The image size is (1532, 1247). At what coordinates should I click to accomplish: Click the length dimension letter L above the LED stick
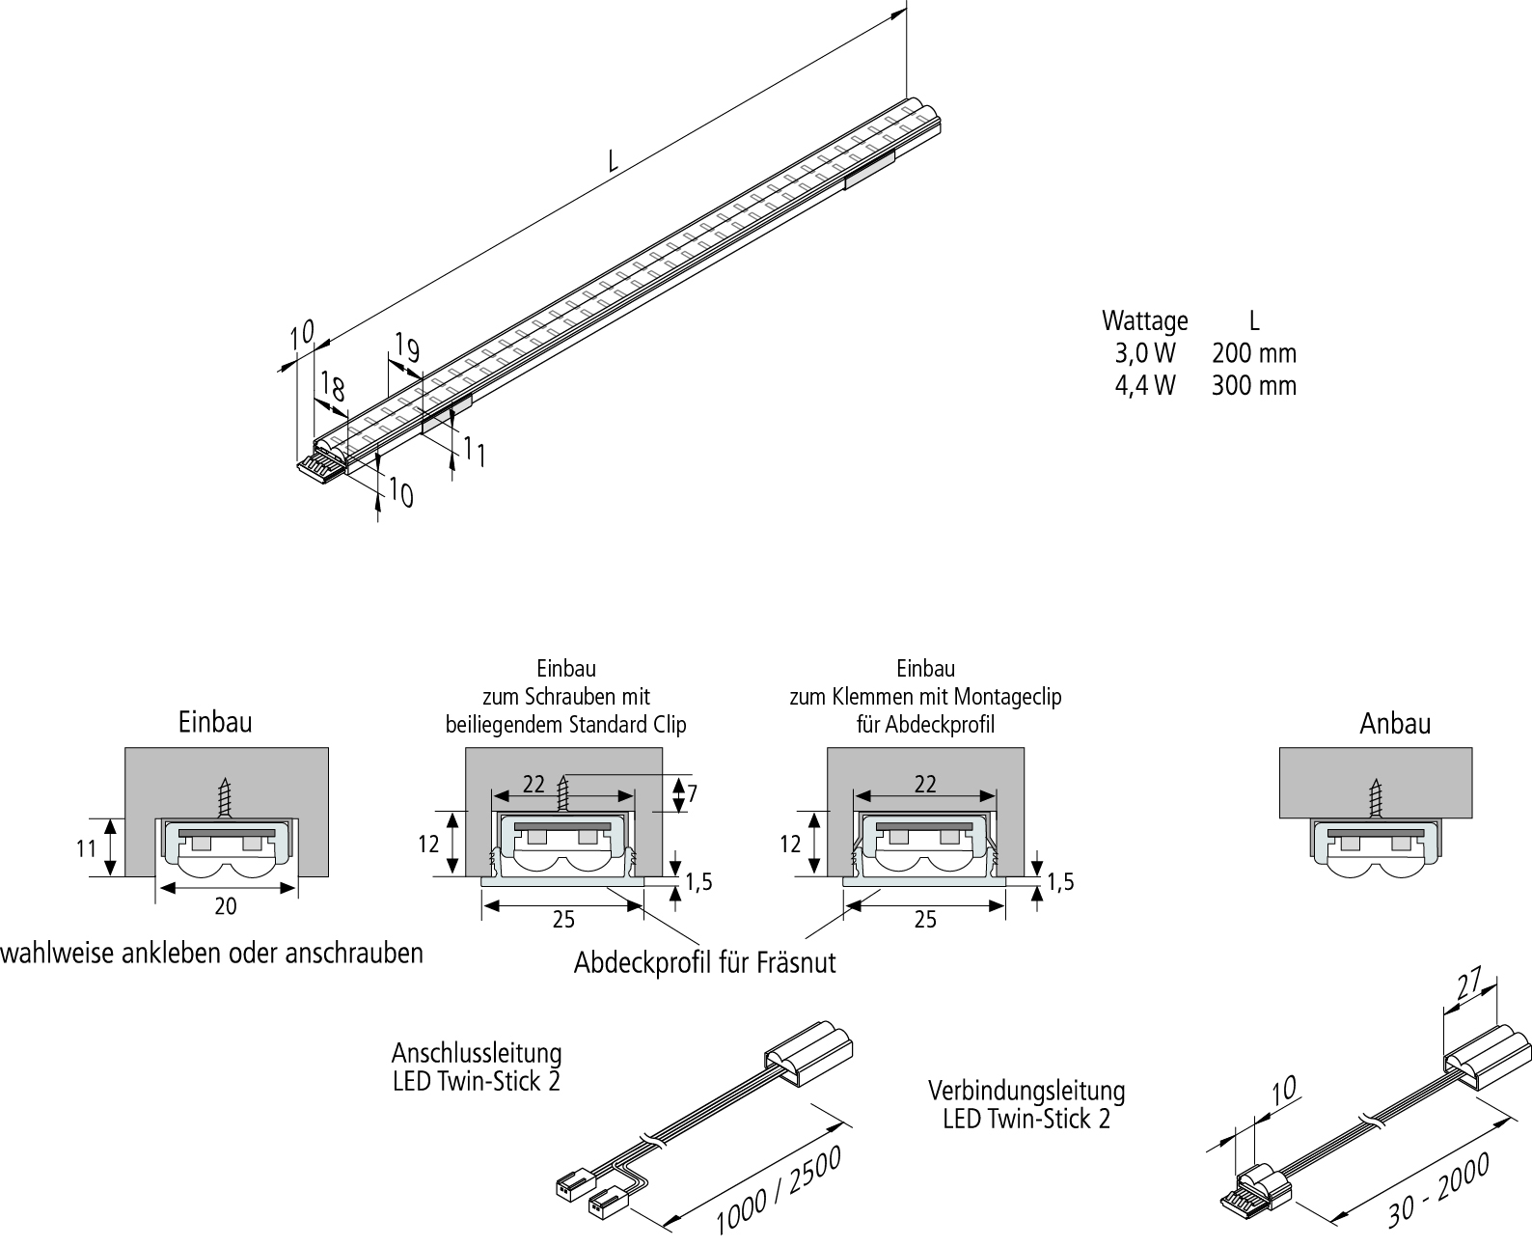[x=613, y=160]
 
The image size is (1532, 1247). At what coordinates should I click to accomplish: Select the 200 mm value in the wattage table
[x=1253, y=353]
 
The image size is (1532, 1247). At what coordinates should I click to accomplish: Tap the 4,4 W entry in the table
[x=1145, y=386]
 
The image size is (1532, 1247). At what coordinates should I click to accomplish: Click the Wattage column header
[x=1145, y=320]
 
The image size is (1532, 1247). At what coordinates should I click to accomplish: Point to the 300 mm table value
[x=1253, y=386]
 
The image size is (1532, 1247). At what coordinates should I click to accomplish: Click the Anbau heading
[x=1395, y=723]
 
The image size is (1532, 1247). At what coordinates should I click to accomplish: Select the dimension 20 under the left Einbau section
[x=225, y=905]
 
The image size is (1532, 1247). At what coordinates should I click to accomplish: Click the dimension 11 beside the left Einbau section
[x=87, y=848]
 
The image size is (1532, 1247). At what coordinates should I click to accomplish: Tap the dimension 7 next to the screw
[x=692, y=793]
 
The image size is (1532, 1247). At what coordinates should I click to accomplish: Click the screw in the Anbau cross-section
[x=1376, y=797]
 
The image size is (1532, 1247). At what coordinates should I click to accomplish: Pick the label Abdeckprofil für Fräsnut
[x=704, y=962]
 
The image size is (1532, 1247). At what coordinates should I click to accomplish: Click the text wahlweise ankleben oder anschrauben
[x=212, y=954]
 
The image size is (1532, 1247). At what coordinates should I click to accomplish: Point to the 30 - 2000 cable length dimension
[x=1438, y=1189]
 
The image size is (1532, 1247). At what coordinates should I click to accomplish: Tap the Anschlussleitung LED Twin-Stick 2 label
[x=477, y=1066]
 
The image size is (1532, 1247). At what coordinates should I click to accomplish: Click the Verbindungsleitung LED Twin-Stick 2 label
[x=1026, y=1104]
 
